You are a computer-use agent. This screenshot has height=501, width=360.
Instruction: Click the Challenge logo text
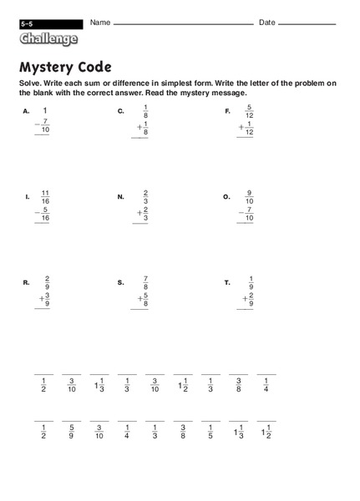(x=49, y=38)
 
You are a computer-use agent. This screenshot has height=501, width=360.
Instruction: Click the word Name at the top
(x=100, y=23)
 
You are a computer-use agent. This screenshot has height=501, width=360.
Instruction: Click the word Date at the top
(x=267, y=23)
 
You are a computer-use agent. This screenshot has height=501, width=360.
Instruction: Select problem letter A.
(x=26, y=111)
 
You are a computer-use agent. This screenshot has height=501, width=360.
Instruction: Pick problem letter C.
(x=121, y=111)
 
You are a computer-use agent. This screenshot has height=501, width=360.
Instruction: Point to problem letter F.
(x=227, y=111)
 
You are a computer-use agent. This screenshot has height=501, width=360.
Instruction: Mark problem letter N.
(x=121, y=197)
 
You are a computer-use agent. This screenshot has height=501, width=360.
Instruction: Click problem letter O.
(x=226, y=197)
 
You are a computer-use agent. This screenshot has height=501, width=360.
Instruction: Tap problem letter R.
(x=27, y=283)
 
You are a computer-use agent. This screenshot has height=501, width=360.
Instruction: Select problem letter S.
(x=121, y=283)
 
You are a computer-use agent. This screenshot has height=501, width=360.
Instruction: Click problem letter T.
(x=226, y=283)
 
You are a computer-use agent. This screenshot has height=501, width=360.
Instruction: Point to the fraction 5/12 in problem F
(x=248, y=111)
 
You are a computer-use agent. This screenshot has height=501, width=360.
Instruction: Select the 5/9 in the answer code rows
(x=72, y=433)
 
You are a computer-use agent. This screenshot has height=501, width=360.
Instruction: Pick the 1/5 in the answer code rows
(x=210, y=433)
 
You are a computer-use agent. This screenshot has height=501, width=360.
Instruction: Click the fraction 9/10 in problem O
(x=248, y=197)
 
